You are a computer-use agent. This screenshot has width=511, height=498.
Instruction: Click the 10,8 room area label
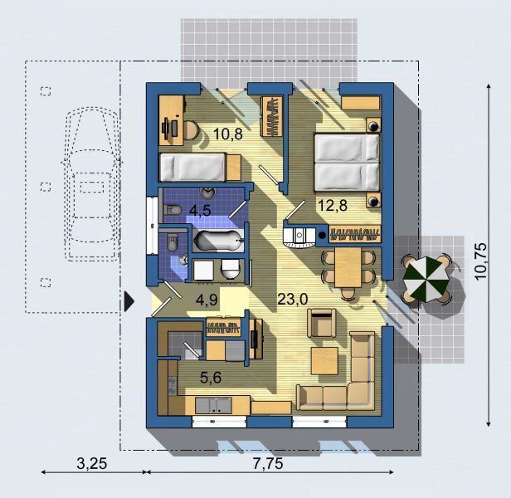pyautogui.click(x=228, y=134)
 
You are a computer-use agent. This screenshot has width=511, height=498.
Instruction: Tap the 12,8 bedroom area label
pyautogui.click(x=333, y=206)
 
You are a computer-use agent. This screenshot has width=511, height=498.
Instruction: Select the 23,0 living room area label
pyautogui.click(x=292, y=299)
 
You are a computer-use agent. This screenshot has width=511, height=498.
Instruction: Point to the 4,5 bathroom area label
pyautogui.click(x=200, y=210)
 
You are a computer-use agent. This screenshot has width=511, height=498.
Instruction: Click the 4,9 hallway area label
pyautogui.click(x=207, y=300)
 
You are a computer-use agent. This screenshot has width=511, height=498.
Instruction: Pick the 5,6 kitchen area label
pyautogui.click(x=211, y=378)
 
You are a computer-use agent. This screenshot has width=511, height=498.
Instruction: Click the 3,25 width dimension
pyautogui.click(x=91, y=463)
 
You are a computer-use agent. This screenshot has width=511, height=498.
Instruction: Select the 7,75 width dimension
pyautogui.click(x=268, y=463)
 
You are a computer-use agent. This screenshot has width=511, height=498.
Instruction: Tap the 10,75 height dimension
pyautogui.click(x=480, y=261)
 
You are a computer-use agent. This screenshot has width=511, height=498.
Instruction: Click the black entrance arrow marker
pyautogui.click(x=129, y=301)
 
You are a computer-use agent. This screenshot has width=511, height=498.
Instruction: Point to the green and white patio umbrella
pyautogui.click(x=426, y=280)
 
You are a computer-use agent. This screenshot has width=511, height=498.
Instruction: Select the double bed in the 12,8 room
pyautogui.click(x=347, y=162)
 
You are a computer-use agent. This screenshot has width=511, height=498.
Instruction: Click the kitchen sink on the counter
pyautogui.click(x=213, y=405)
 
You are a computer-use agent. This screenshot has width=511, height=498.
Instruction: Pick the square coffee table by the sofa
pyautogui.click(x=324, y=361)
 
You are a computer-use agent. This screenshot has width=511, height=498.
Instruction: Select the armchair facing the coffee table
pyautogui.click(x=322, y=323)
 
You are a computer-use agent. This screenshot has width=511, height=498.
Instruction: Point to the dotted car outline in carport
pyautogui.click(x=92, y=184)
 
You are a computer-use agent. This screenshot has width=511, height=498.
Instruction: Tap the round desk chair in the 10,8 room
pyautogui.click(x=191, y=130)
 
